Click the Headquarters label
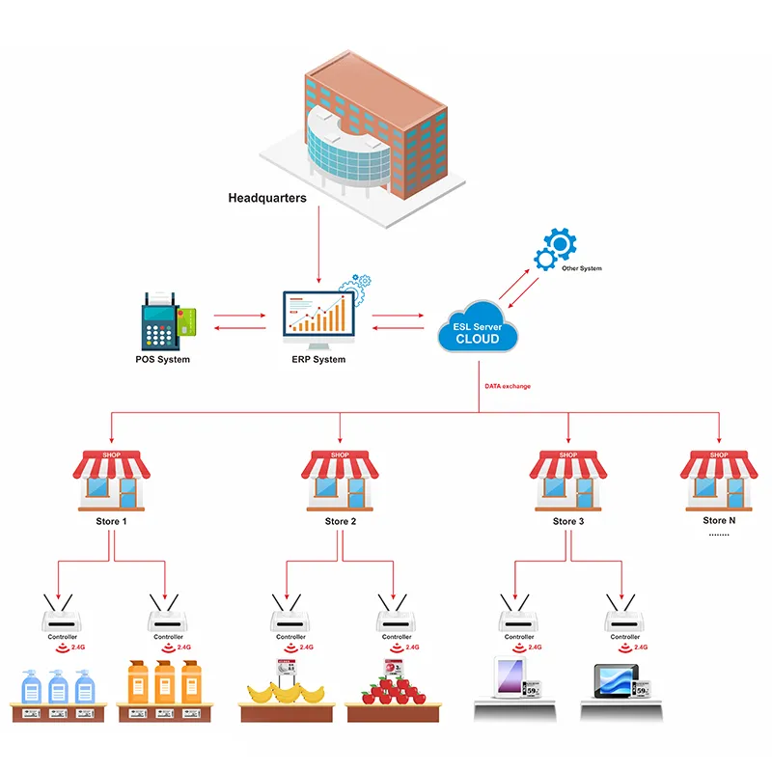pyautogui.click(x=267, y=198)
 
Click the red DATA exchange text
pyautogui.click(x=508, y=386)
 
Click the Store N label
pyautogui.click(x=719, y=521)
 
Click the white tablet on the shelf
pyautogui.click(x=510, y=677)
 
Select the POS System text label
pyautogui.click(x=163, y=360)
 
